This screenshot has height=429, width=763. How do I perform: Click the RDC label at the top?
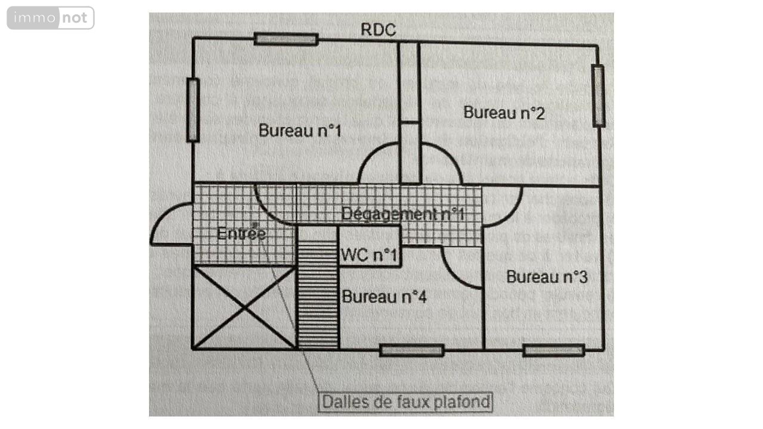click(x=378, y=30)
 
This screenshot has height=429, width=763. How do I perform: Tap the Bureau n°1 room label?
click(x=300, y=130)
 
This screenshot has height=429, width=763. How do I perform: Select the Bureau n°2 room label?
click(x=504, y=112)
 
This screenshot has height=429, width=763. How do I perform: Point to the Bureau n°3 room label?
click(x=547, y=277)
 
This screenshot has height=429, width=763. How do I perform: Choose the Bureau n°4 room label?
click(x=384, y=297)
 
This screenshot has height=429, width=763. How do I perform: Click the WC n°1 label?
click(x=369, y=256)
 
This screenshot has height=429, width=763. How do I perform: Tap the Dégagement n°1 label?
click(x=402, y=214)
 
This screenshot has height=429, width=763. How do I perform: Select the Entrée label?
click(x=241, y=234)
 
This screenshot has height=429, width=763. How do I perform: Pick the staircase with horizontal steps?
click(x=318, y=294)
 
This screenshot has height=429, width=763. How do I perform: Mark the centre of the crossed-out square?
click(x=244, y=307)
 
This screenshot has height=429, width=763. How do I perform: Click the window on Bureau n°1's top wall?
click(x=286, y=39)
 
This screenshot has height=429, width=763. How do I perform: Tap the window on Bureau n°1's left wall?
click(x=193, y=110)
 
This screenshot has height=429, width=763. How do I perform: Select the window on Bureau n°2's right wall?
click(x=598, y=96)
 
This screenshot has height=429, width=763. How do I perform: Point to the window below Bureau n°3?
click(x=553, y=350)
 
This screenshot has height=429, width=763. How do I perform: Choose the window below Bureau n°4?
click(x=411, y=350)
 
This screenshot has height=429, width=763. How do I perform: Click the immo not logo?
click(x=51, y=18)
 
